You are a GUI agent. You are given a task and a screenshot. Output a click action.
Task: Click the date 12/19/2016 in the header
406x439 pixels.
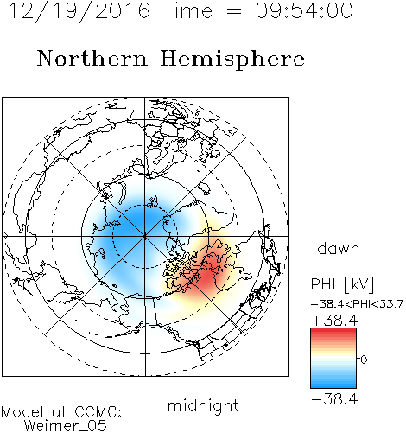pyautogui.click(x=79, y=11)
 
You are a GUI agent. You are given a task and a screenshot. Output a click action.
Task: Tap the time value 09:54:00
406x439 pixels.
pyautogui.click(x=304, y=11)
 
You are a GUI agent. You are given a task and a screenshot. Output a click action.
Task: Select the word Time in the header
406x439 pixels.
pyautogui.click(x=187, y=11)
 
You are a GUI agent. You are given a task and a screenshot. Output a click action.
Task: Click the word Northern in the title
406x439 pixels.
pyautogui.click(x=92, y=58)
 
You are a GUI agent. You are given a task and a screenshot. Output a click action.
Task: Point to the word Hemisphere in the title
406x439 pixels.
pyautogui.click(x=232, y=60)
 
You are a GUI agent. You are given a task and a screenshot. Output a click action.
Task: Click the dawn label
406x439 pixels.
pyautogui.click(x=339, y=248)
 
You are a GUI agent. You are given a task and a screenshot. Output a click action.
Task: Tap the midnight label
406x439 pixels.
pyautogui.click(x=203, y=405)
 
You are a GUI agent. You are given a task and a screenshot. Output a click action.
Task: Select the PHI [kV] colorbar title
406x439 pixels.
pyautogui.click(x=342, y=284)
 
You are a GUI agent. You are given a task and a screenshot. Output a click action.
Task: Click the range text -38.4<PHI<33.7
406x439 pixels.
pyautogui.click(x=358, y=304)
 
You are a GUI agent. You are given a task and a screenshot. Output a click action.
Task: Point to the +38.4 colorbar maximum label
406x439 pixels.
pyautogui.click(x=334, y=321)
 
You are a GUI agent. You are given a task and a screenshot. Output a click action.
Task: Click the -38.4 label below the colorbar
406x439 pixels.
pyautogui.click(x=334, y=399)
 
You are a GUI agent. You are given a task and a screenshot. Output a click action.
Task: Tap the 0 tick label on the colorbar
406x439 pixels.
pyautogui.click(x=364, y=359)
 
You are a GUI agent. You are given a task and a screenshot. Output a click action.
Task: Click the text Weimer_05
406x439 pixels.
pyautogui.click(x=66, y=426)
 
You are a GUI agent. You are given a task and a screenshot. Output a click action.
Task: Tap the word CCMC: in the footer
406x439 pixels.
pyautogui.click(x=98, y=412)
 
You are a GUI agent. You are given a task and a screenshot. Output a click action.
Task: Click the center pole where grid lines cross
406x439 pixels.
pyautogui.click(x=145, y=236)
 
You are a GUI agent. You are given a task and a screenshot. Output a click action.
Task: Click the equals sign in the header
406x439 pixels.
pyautogui.click(x=233, y=11)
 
